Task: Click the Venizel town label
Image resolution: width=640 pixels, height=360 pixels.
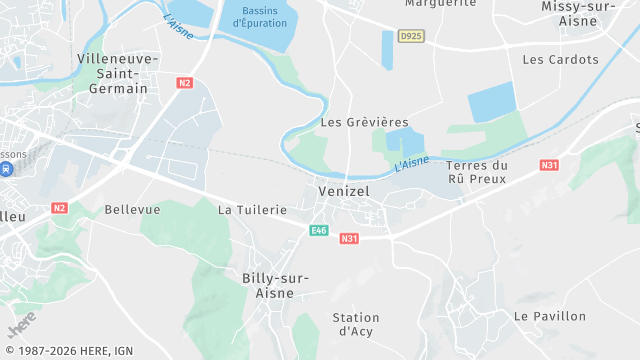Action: coord(345,190)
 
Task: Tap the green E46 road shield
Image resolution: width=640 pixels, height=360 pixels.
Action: coord(319,231)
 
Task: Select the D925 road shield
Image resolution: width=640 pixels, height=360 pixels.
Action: coord(410,36)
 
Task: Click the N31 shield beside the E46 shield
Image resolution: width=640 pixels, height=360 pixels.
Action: coord(349,238)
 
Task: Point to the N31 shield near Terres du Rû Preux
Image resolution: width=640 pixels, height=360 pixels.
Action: coord(549,165)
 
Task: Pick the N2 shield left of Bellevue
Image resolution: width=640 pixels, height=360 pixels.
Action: coord(60,208)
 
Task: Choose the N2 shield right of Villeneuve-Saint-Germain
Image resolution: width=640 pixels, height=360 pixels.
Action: coord(184,83)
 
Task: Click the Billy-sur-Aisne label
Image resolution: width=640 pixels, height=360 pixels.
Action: coord(275,284)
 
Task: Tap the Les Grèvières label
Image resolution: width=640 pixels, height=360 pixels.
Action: coord(352,122)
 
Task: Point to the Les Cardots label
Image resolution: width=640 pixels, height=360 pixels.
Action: coord(560,59)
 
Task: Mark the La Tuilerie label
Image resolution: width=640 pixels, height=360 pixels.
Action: coord(252,210)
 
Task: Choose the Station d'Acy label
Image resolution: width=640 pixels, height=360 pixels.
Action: coord(356,324)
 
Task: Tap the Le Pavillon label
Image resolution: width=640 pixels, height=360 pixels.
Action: coord(550,316)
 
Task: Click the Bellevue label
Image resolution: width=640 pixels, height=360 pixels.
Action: coord(132,210)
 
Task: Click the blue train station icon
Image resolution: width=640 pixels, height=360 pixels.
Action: coord(5,170)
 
